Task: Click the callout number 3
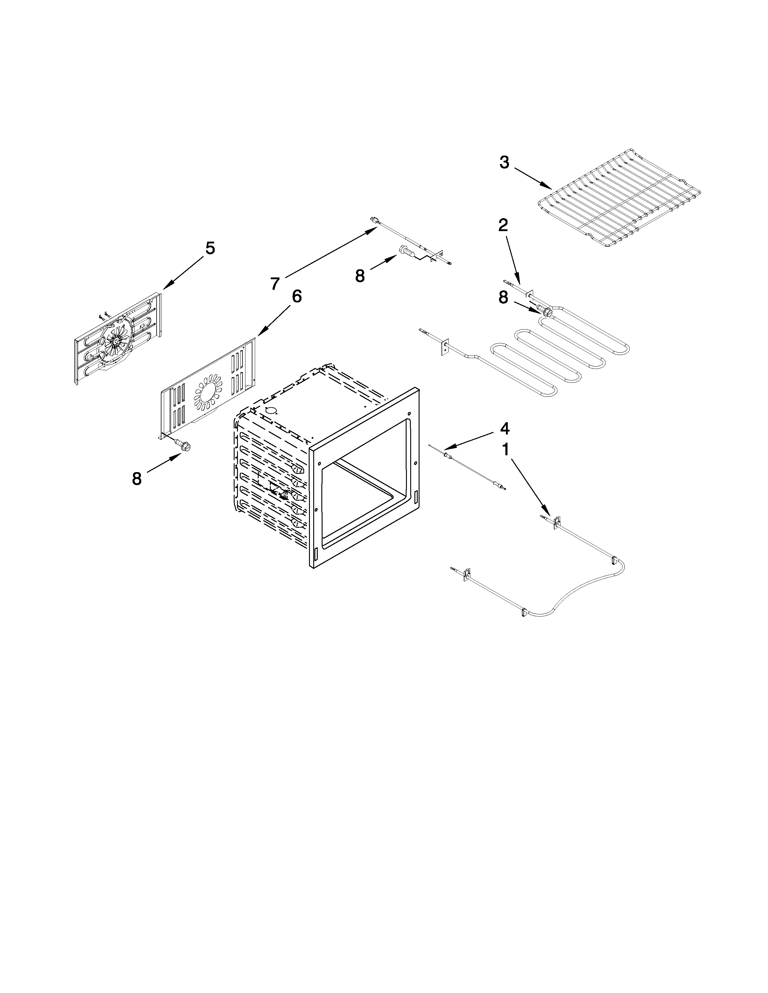tap(504, 162)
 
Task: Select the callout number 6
tap(296, 296)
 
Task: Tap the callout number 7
tap(274, 283)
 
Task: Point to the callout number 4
tap(504, 428)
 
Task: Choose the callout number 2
tap(503, 225)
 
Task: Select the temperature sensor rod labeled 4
tap(469, 468)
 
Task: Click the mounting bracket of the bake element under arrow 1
tap(556, 522)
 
